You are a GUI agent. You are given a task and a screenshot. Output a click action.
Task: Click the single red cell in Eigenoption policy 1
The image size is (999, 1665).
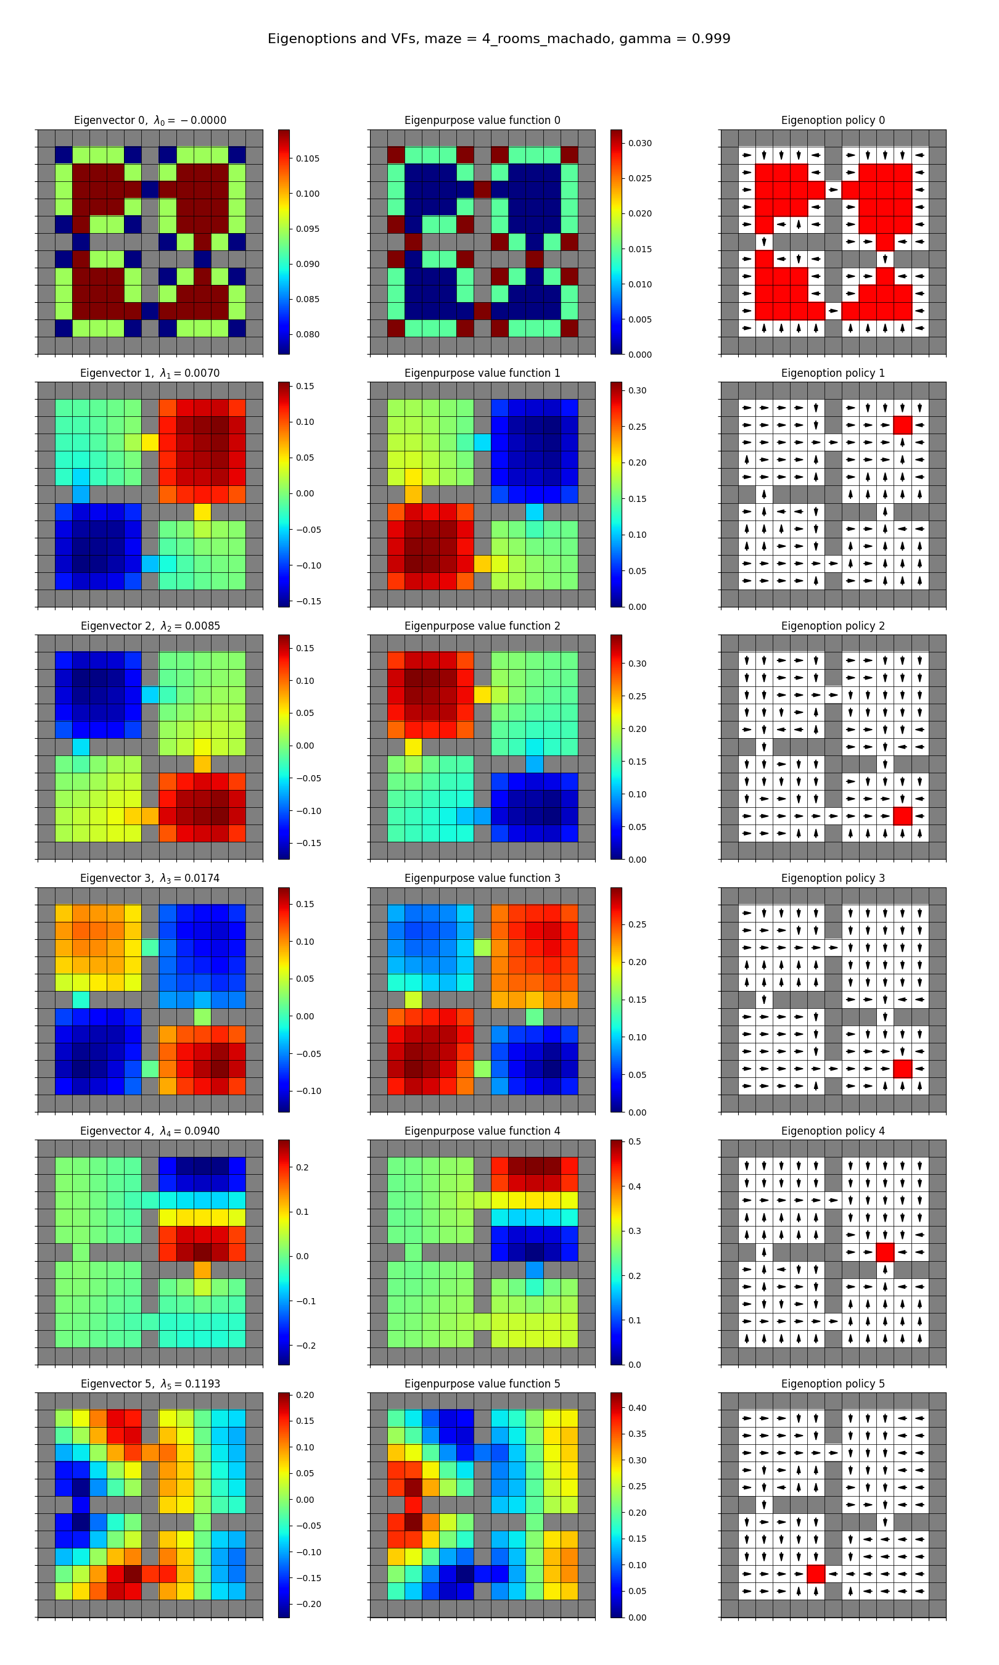point(902,425)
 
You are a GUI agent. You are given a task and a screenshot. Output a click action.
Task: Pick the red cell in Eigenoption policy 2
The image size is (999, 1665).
point(902,816)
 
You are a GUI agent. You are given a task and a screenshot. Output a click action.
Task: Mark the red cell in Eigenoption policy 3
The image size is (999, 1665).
point(902,1068)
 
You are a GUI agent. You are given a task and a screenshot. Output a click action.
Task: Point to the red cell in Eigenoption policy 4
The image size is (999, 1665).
point(886,1252)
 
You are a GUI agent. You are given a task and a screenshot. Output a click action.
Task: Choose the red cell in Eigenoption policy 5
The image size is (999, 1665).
point(816,1574)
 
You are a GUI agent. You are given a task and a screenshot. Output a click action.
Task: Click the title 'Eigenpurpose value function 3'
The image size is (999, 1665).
point(482,878)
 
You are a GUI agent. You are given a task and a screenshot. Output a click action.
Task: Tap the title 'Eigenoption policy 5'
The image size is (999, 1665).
point(832,1384)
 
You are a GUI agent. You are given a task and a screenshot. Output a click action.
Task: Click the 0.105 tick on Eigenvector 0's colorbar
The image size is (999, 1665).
point(308,159)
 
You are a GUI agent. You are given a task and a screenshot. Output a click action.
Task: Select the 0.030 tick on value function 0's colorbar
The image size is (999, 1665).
point(640,143)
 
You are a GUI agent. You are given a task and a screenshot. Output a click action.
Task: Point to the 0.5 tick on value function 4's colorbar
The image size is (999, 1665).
point(635,1141)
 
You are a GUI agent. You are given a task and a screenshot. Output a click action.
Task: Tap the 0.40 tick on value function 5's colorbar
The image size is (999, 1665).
point(638,1408)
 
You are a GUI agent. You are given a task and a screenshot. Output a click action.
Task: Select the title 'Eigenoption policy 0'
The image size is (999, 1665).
point(832,120)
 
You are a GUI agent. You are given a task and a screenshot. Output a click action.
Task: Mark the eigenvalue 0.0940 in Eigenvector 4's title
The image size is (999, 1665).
point(201,1132)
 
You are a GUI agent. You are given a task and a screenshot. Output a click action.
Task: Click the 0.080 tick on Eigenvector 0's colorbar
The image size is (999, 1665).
point(308,334)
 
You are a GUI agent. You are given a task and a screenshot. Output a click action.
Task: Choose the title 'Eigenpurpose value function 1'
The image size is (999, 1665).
point(482,373)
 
